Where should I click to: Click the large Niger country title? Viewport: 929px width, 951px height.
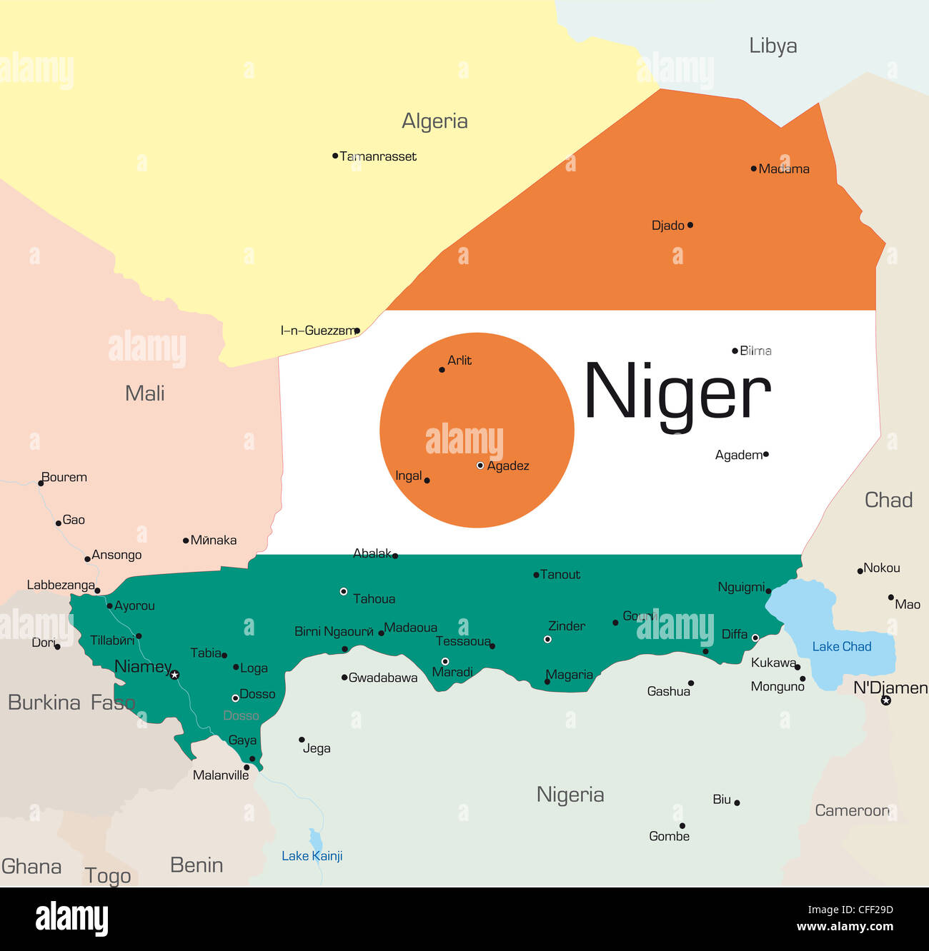click(x=677, y=392)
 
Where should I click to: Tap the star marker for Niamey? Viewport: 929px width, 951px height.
click(x=174, y=674)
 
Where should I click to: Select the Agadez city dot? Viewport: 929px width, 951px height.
click(x=480, y=466)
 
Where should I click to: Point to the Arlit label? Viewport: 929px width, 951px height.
click(x=459, y=361)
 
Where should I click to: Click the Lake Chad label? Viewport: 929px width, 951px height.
click(x=841, y=647)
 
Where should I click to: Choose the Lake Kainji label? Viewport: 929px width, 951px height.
click(x=312, y=856)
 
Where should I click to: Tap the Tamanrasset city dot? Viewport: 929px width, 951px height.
click(x=335, y=156)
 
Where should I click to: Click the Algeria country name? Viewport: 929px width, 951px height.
click(x=434, y=121)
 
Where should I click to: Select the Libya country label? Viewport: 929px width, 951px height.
click(x=772, y=46)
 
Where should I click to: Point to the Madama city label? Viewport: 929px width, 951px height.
click(x=784, y=169)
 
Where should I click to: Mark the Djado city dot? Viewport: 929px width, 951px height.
click(x=690, y=225)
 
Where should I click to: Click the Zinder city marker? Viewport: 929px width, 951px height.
click(x=547, y=640)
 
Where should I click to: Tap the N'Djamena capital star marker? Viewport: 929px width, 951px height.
click(x=886, y=700)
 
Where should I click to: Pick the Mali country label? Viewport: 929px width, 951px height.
click(x=144, y=393)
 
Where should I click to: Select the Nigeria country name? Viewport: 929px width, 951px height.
click(x=570, y=795)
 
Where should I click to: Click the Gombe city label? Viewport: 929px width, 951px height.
click(x=669, y=836)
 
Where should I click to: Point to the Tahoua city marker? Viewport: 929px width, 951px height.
click(x=344, y=591)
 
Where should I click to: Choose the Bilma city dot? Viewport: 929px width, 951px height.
click(x=735, y=351)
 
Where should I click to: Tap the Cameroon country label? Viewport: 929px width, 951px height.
click(x=852, y=810)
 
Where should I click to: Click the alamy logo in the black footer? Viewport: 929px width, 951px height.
click(x=71, y=919)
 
